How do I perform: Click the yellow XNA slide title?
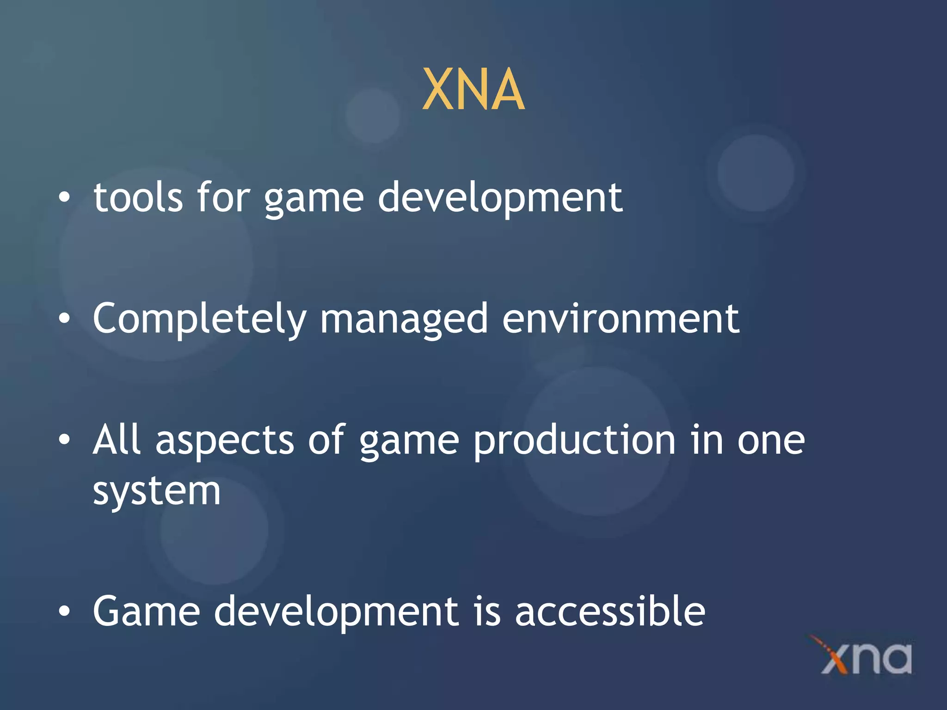tap(473, 89)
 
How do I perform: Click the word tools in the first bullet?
tap(138, 198)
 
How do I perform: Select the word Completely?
tap(199, 319)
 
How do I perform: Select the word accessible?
tap(610, 611)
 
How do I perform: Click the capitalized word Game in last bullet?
tap(146, 611)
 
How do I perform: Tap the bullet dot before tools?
tap(64, 197)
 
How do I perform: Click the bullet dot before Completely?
tap(64, 318)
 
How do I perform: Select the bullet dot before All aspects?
tap(64, 440)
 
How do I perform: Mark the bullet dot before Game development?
tap(64, 611)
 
